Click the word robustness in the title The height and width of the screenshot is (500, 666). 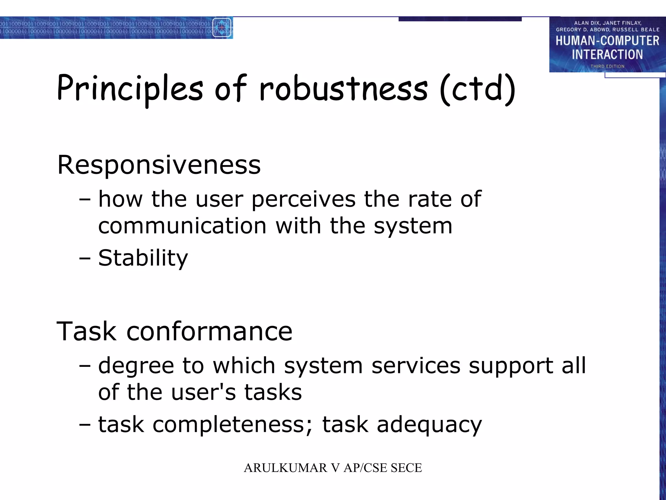click(343, 89)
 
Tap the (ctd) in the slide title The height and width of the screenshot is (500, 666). click(477, 89)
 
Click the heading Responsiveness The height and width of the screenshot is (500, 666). click(159, 165)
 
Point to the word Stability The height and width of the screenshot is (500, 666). click(143, 258)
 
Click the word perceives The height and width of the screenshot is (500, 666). click(303, 199)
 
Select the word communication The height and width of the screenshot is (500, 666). click(182, 226)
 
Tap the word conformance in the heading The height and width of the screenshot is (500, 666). click(209, 331)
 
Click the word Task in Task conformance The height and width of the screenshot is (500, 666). click(86, 331)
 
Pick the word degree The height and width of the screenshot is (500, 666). click(136, 366)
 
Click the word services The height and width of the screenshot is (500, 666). click(416, 366)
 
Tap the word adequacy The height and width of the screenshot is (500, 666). click(429, 425)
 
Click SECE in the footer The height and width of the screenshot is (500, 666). click(406, 468)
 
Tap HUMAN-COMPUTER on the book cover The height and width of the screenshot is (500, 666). click(607, 41)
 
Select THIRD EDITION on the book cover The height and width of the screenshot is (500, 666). click(607, 66)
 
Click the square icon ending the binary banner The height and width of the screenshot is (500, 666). click(222, 28)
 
